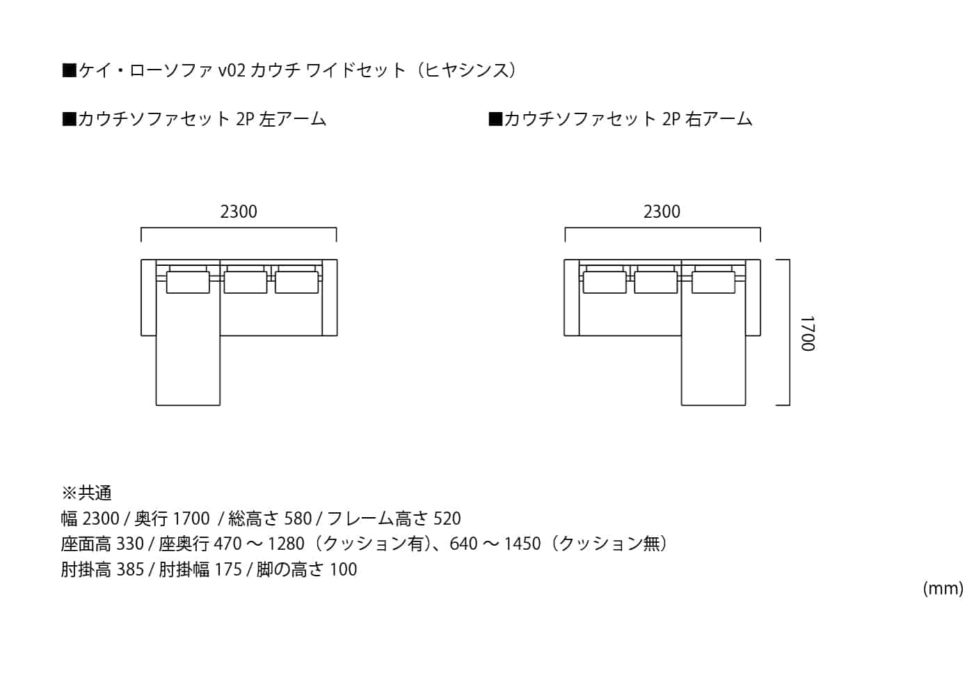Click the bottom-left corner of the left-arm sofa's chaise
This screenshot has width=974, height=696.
pyautogui.click(x=156, y=405)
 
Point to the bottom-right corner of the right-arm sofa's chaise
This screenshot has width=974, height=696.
pyautogui.click(x=746, y=405)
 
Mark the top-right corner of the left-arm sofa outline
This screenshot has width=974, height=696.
pyautogui.click(x=337, y=260)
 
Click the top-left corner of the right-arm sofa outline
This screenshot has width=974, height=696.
pyautogui.click(x=564, y=260)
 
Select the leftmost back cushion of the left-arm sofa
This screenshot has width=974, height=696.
pyautogui.click(x=188, y=283)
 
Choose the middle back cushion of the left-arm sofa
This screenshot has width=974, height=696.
pyautogui.click(x=246, y=283)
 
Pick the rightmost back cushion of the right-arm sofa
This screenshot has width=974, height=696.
pyautogui.click(x=714, y=283)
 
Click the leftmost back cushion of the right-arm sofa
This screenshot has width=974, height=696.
pyautogui.click(x=605, y=283)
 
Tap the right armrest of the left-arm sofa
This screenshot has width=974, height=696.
pyautogui.click(x=330, y=298)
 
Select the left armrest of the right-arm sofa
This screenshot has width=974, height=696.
pyautogui.click(x=572, y=298)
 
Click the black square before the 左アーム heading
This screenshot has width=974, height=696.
pyautogui.click(x=69, y=119)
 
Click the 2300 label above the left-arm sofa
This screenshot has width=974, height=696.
pyautogui.click(x=239, y=212)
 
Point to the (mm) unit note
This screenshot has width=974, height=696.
pyautogui.click(x=943, y=589)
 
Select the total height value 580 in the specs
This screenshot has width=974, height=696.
pyautogui.click(x=298, y=519)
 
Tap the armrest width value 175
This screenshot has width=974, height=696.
pyautogui.click(x=228, y=569)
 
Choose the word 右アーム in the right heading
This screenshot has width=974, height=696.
pyautogui.click(x=719, y=119)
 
